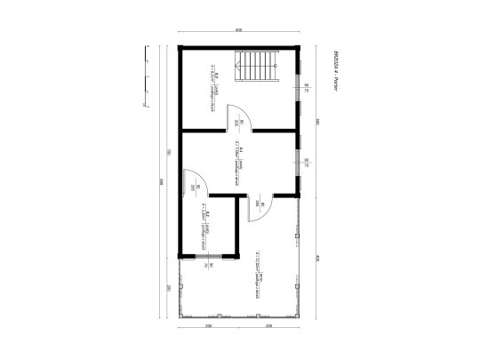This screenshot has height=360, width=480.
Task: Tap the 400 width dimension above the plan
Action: coord(239,30)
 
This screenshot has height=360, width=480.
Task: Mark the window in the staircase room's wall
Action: coord(302,86)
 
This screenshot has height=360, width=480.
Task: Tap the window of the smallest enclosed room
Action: coord(210,259)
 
